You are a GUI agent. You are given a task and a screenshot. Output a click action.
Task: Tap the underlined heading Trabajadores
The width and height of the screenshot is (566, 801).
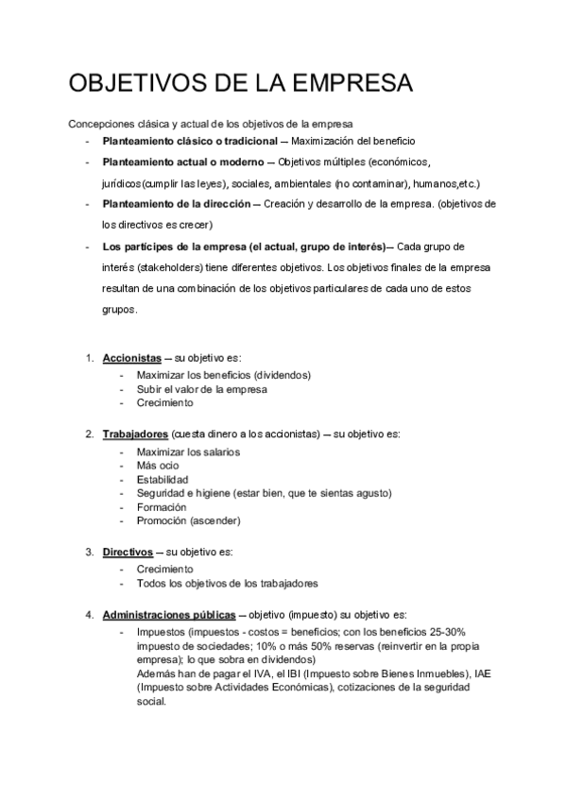[x=134, y=435]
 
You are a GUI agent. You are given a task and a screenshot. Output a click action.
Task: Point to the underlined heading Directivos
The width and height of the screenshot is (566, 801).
[x=128, y=552]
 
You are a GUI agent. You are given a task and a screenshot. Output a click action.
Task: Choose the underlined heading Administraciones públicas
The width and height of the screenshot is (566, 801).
[x=169, y=615]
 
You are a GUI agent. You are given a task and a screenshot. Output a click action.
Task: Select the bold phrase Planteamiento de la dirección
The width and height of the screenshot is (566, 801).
[x=178, y=204]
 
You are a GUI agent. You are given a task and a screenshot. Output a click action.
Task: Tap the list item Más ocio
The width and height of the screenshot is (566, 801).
[x=157, y=466]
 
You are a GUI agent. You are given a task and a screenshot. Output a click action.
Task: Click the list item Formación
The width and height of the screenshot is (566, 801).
[x=161, y=507]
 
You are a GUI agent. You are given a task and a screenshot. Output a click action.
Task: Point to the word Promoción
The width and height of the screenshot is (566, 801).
[x=162, y=520]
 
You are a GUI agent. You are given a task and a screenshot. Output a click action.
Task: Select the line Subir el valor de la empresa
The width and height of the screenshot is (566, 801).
[x=201, y=388]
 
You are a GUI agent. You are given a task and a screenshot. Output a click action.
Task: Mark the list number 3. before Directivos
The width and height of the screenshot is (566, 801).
[x=89, y=552]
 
